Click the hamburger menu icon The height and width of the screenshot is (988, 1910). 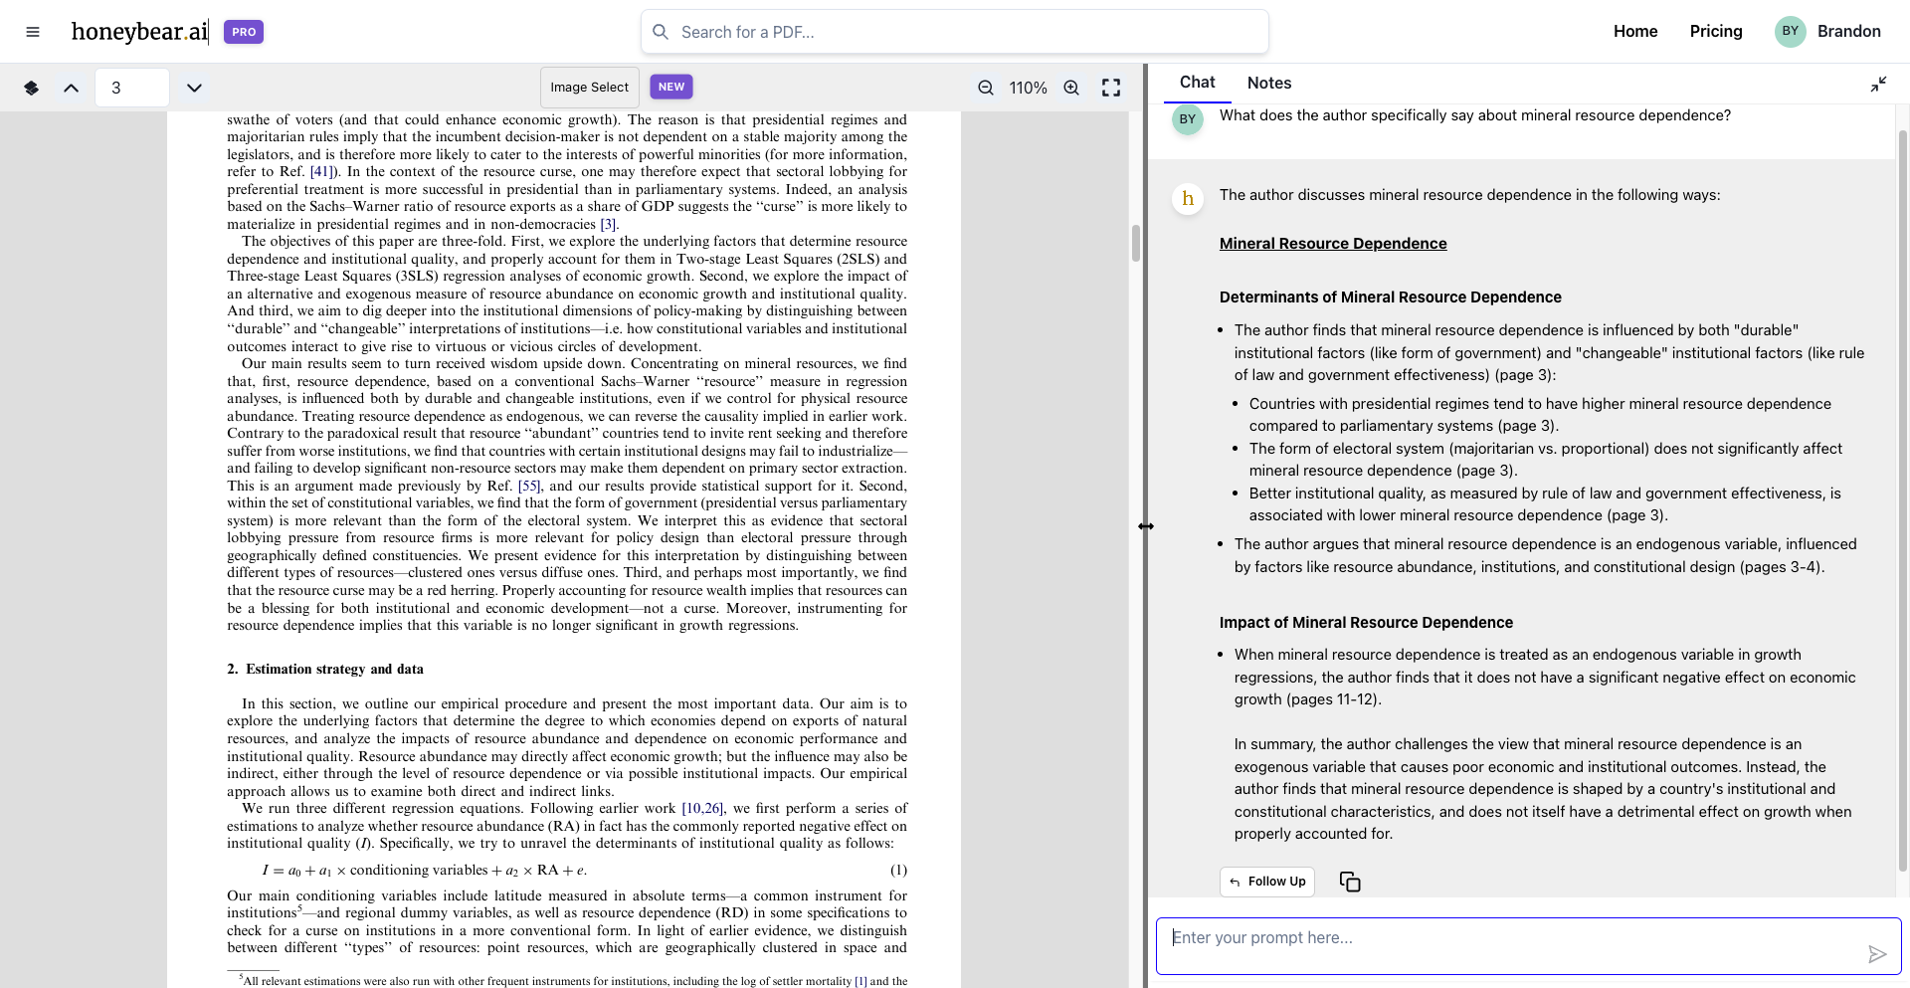click(33, 32)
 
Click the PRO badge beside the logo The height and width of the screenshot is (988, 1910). click(244, 32)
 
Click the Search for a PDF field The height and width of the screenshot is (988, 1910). click(955, 32)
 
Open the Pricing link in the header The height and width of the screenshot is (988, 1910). click(1716, 31)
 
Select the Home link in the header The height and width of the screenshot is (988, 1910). click(1635, 31)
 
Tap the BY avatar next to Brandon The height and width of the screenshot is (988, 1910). click(1790, 31)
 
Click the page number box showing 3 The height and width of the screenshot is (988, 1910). click(131, 88)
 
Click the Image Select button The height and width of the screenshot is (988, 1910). click(589, 88)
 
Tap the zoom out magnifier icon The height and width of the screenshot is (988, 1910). click(986, 88)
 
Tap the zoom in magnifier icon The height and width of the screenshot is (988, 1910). click(1071, 88)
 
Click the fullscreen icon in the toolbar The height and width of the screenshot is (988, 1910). click(1111, 88)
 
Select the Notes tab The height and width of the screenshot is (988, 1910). click(1268, 83)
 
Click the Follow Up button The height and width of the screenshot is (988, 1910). click(1266, 882)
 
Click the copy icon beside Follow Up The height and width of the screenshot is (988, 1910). click(1350, 882)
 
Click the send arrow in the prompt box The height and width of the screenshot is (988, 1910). click(1876, 954)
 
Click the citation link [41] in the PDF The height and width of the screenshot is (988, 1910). click(320, 172)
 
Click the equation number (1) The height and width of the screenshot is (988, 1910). click(898, 870)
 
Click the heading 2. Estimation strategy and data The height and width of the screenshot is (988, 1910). click(325, 669)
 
